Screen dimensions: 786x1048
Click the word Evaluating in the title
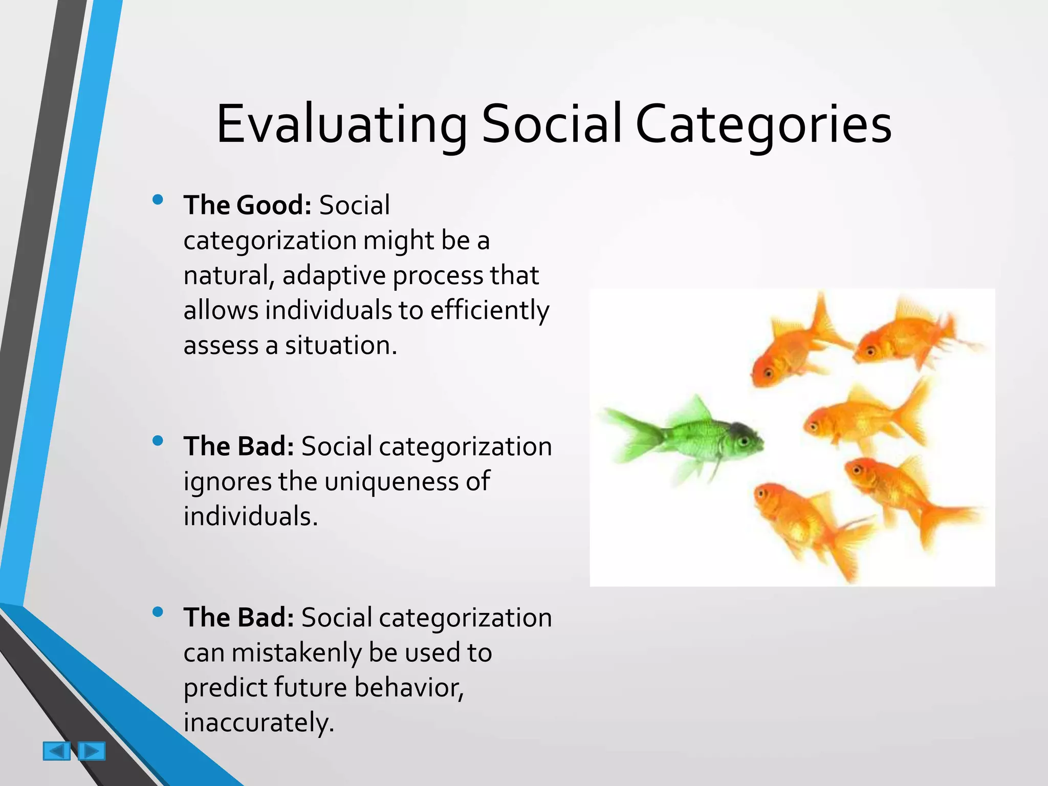coord(341,124)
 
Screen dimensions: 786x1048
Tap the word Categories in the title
coord(763,124)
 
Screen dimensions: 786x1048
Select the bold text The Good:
coord(248,205)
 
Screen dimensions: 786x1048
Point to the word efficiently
coord(490,311)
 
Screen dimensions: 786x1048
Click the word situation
coord(341,345)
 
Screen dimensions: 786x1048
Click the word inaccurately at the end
coord(258,723)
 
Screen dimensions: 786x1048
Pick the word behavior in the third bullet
coord(408,688)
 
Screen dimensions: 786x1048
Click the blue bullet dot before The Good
coord(158,200)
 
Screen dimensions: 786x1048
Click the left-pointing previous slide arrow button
coord(56,751)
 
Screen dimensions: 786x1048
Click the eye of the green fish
coord(745,440)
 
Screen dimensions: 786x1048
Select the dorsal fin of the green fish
coord(693,409)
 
